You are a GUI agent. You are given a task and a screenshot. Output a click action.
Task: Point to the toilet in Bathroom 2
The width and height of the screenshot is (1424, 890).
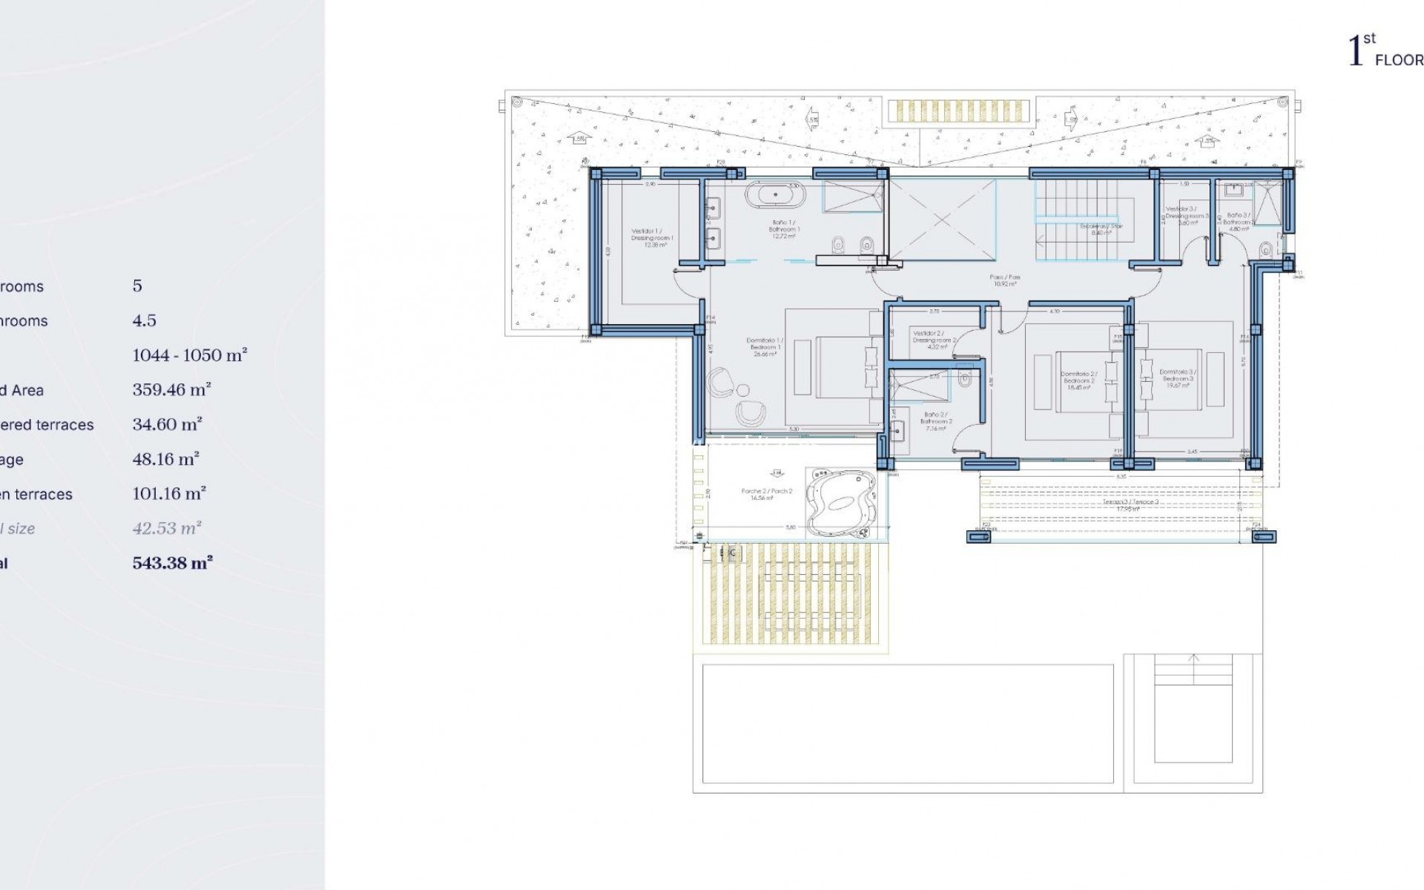[x=964, y=380]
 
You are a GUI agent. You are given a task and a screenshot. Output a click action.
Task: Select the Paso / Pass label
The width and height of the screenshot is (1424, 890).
[x=1005, y=280]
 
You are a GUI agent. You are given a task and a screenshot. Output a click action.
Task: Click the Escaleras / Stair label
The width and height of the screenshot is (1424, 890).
[x=1101, y=229]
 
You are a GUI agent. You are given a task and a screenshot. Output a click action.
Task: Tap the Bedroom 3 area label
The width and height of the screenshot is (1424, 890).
[x=1177, y=378]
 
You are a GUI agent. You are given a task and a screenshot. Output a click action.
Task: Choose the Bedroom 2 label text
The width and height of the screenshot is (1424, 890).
[x=1078, y=380]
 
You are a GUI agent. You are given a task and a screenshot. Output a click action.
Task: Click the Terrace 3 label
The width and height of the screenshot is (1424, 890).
[x=1130, y=505]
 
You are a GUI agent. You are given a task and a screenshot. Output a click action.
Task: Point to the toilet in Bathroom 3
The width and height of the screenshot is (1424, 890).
[x=1265, y=248]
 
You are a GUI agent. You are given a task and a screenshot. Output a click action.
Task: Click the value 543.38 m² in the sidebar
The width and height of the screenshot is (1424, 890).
[x=172, y=563]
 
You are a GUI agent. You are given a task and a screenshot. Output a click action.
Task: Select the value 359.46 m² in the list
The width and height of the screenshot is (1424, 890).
[x=171, y=389]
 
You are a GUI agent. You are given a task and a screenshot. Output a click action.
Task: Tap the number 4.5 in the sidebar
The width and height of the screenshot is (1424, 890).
[x=144, y=320]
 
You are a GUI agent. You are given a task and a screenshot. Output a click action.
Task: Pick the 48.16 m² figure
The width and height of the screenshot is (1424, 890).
[x=165, y=459]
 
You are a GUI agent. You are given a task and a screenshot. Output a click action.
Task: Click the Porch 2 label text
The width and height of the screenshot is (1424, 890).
[x=767, y=495]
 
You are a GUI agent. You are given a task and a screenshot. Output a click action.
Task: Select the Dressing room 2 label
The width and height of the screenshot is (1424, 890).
[x=934, y=340]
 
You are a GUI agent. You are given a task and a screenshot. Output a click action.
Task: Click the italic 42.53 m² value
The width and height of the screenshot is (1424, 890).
[x=167, y=528]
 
